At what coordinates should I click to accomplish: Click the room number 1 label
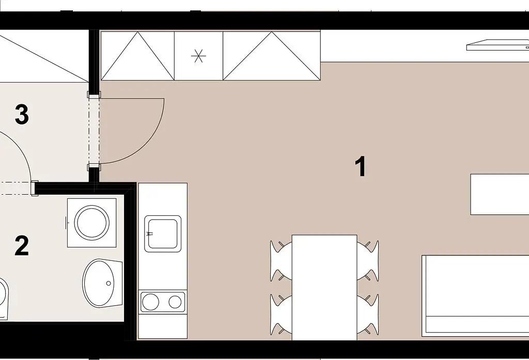(361, 166)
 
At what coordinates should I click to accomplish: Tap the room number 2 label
(22, 246)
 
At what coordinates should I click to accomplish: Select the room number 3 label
(22, 114)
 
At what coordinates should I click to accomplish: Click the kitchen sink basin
(163, 234)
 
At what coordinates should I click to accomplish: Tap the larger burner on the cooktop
(150, 302)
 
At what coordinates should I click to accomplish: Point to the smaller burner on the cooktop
(175, 302)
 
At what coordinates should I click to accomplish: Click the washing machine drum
(92, 223)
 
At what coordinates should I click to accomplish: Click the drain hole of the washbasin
(108, 283)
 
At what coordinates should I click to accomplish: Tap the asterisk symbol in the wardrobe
(198, 56)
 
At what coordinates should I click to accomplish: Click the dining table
(324, 288)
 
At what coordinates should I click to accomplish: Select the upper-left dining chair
(281, 260)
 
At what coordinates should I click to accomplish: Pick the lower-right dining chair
(368, 315)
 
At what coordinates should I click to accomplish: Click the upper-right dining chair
(368, 260)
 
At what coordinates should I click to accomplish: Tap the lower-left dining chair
(281, 315)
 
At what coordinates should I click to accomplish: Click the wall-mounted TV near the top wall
(497, 45)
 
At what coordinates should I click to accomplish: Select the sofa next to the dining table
(475, 295)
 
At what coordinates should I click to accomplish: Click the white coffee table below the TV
(500, 194)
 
